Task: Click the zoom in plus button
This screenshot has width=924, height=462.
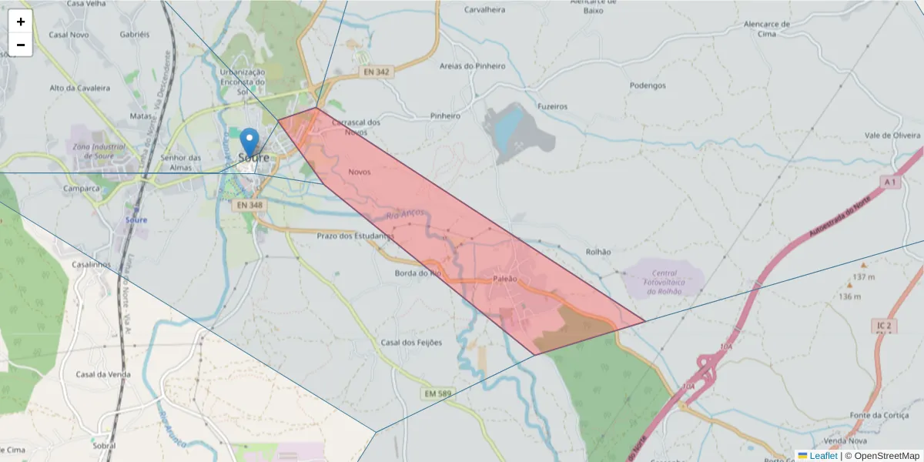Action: click(x=21, y=22)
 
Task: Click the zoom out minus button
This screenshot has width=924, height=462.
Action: click(x=21, y=45)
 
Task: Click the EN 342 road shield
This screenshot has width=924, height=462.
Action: click(x=376, y=72)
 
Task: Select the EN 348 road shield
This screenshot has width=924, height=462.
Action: click(x=249, y=206)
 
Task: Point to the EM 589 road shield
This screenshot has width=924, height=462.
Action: click(x=437, y=394)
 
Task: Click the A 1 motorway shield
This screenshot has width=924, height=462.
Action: click(x=890, y=182)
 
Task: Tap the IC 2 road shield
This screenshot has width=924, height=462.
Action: click(x=882, y=326)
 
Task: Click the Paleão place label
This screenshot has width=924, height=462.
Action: click(x=504, y=279)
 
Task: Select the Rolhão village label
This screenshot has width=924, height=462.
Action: click(x=598, y=252)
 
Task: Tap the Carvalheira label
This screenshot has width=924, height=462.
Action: click(x=485, y=10)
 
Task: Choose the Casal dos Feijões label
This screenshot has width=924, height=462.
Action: click(x=412, y=343)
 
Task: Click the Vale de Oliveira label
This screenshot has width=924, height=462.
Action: click(x=892, y=136)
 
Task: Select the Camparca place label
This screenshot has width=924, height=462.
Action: click(x=82, y=188)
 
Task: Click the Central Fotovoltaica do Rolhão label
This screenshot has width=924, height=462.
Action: click(x=664, y=282)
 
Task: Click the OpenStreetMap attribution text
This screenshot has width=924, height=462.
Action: click(x=882, y=456)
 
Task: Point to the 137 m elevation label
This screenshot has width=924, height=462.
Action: click(x=864, y=276)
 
